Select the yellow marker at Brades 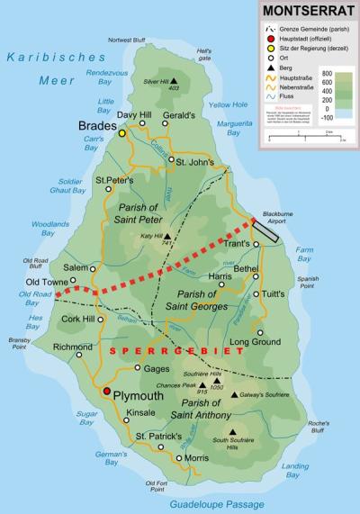point(121,133)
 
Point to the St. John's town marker point(171,161)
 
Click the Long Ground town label point(248,342)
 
